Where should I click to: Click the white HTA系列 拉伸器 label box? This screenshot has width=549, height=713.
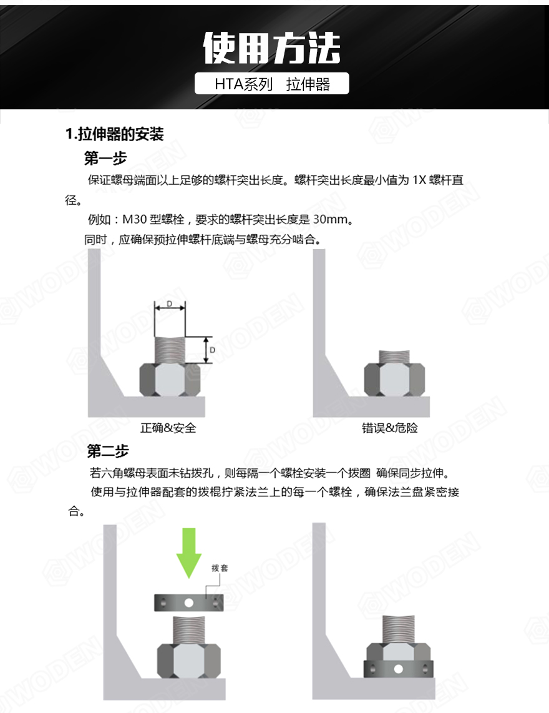[272, 84]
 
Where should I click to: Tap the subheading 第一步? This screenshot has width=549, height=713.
[105, 157]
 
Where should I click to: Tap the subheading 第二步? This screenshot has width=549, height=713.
[108, 450]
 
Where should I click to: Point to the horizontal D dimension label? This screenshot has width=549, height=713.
[170, 304]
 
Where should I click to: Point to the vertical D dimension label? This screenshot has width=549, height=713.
[212, 350]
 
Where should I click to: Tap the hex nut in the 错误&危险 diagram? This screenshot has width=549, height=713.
[394, 380]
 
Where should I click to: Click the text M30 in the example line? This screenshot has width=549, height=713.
[134, 220]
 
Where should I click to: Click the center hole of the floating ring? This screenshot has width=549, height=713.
[188, 603]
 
